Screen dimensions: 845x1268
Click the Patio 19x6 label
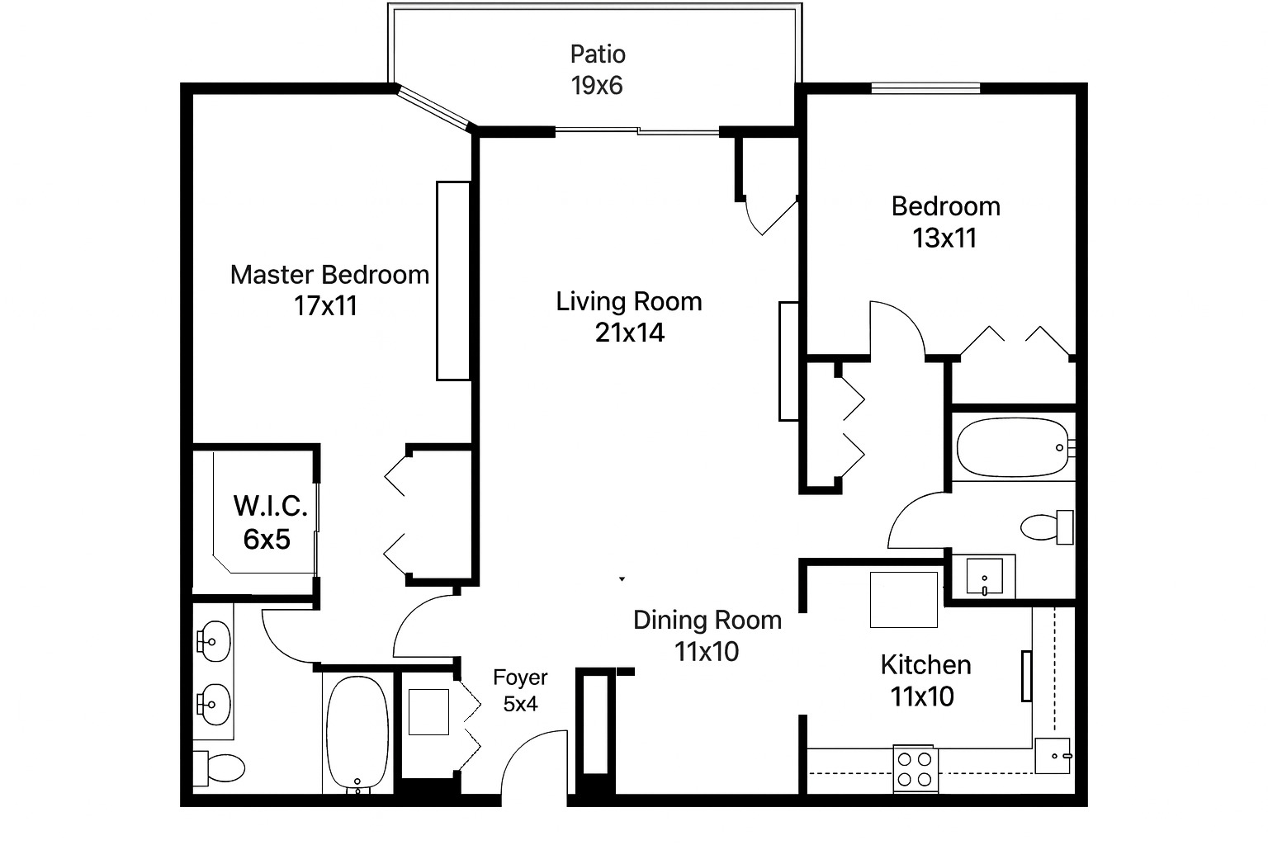(x=598, y=70)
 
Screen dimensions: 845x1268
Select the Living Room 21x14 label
(x=629, y=317)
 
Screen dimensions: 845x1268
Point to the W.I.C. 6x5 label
(x=270, y=522)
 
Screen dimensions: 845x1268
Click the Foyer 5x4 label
(x=520, y=691)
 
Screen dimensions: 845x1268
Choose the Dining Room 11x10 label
(x=707, y=635)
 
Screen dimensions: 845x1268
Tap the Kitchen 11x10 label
(x=925, y=681)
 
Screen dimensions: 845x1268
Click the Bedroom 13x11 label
(x=945, y=222)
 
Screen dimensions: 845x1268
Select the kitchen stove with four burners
(x=916, y=768)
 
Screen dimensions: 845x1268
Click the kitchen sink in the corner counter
(x=1053, y=755)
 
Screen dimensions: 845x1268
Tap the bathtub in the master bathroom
(x=357, y=734)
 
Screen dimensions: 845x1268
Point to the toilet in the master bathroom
(x=220, y=768)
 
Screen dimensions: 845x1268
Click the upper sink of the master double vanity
(x=215, y=640)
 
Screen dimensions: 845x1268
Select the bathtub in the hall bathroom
(x=1014, y=447)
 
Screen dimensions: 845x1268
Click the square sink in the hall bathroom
(x=984, y=575)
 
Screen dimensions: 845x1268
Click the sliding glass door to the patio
(x=637, y=130)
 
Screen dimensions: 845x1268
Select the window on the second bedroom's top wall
(x=925, y=87)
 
